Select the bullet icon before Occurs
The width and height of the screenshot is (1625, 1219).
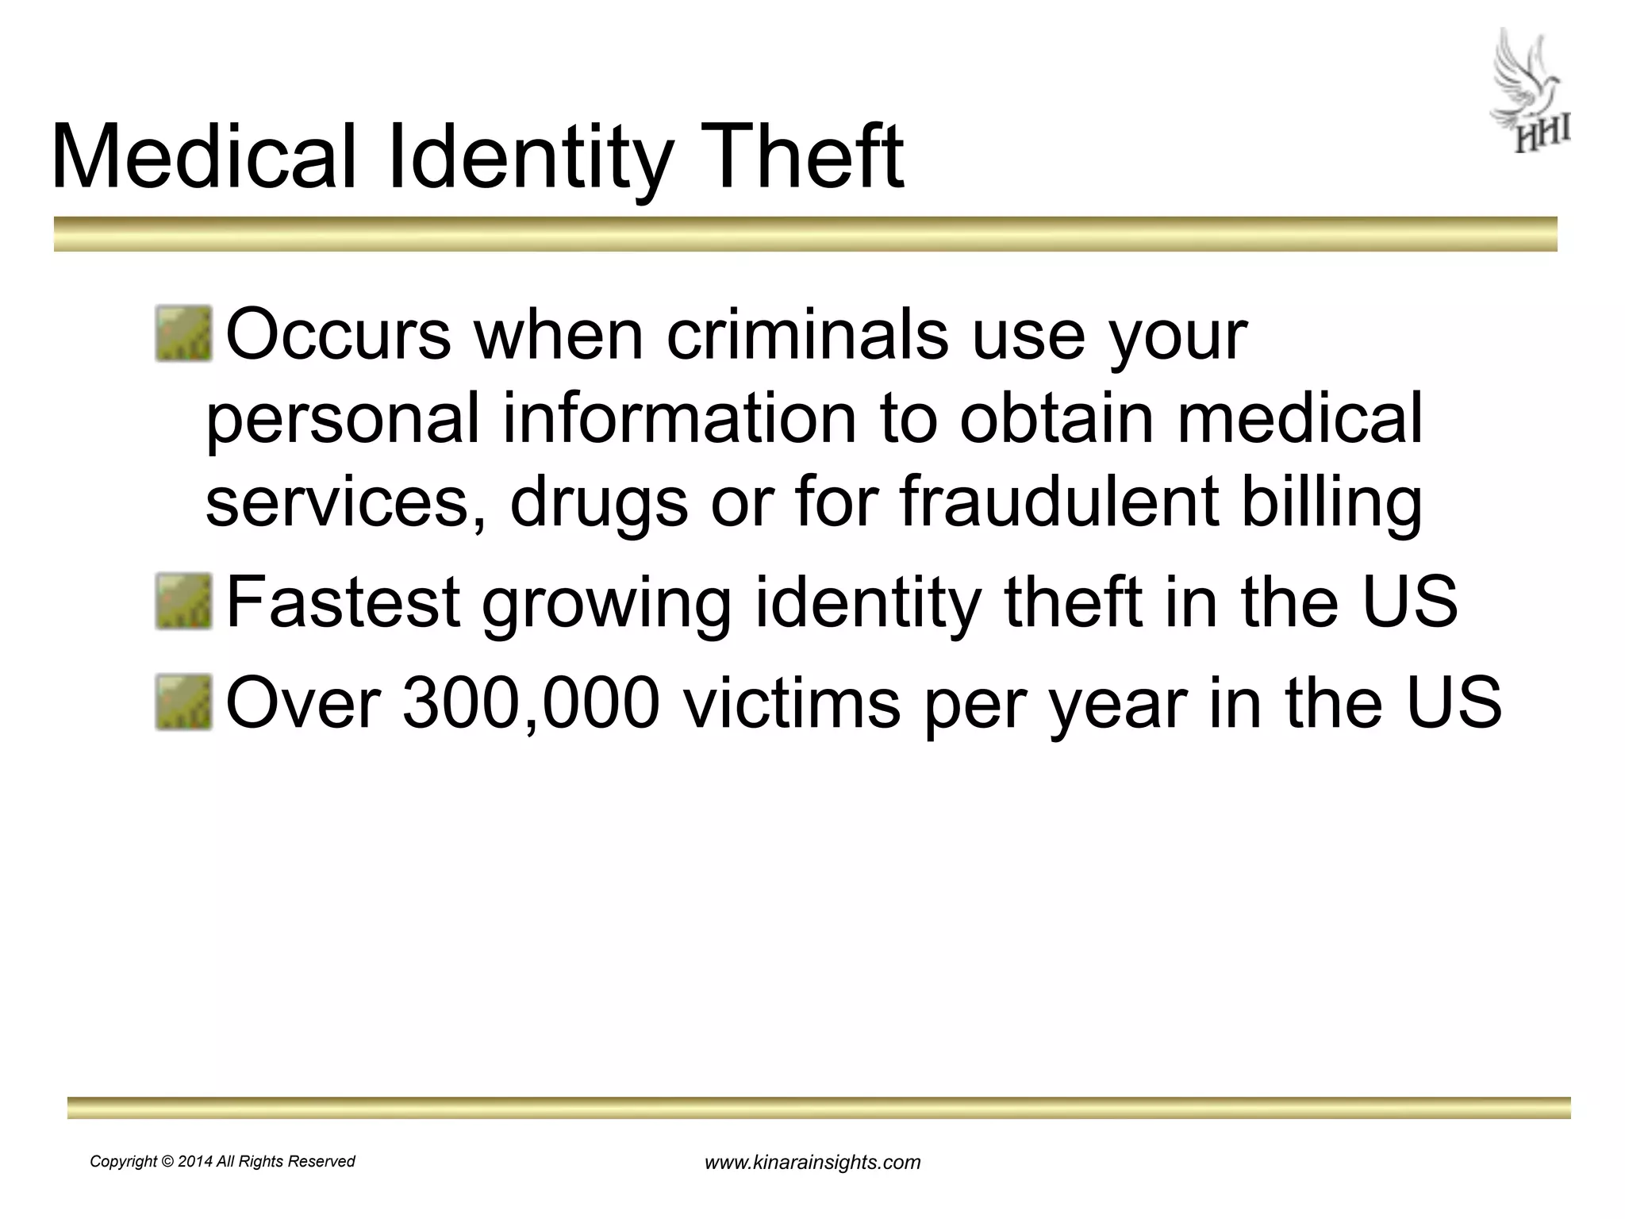pyautogui.click(x=183, y=334)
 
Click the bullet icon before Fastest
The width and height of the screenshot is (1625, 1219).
pyautogui.click(x=183, y=602)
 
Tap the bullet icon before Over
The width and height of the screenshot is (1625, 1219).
pyautogui.click(x=183, y=702)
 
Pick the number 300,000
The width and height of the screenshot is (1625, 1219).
pyautogui.click(x=531, y=703)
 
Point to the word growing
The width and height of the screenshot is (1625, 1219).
pyautogui.click(x=607, y=603)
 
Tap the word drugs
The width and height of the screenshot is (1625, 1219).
pyautogui.click(x=598, y=503)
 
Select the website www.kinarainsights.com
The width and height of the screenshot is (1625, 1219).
pyautogui.click(x=812, y=1163)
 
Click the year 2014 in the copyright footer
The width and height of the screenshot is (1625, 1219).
pyautogui.click(x=195, y=1162)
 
